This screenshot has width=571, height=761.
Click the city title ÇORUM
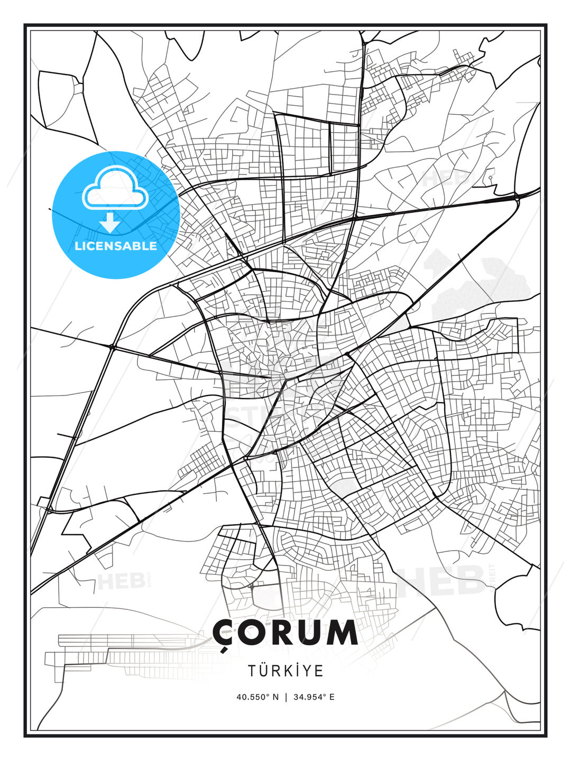coord(285,633)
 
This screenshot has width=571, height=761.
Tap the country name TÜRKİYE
coord(285,671)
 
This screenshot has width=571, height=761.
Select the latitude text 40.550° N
coord(257,697)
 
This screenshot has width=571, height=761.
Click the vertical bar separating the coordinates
coord(286,697)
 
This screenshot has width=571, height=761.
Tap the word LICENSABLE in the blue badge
coord(116,246)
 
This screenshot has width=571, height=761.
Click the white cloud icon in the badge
coord(115,189)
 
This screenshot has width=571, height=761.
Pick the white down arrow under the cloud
coord(110,223)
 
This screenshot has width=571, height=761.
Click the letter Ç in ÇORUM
coord(224,634)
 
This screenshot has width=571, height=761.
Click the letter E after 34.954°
coord(331,697)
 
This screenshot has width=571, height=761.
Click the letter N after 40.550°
coord(275,697)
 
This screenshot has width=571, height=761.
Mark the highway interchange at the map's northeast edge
coord(518,197)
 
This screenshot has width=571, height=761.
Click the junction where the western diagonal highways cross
coord(112,347)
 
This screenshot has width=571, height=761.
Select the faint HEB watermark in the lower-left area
coord(122,581)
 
